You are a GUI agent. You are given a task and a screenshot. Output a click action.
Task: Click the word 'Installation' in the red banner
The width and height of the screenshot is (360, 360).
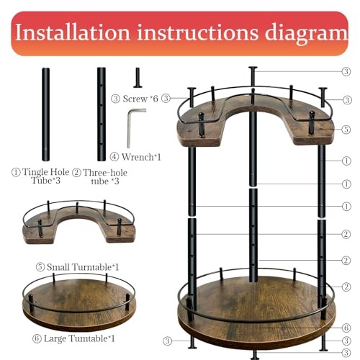pyautogui.click(x=73, y=32)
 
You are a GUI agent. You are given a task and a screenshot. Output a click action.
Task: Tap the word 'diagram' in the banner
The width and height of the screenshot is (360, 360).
pyautogui.click(x=306, y=34)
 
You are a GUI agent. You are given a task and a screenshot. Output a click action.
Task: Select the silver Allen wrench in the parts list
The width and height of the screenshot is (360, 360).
pyautogui.click(x=135, y=128)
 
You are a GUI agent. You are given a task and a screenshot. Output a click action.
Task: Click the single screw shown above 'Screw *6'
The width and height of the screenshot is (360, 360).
pyautogui.click(x=138, y=78)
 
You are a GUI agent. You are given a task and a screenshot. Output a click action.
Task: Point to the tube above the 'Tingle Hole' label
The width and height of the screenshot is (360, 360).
pyautogui.click(x=46, y=114)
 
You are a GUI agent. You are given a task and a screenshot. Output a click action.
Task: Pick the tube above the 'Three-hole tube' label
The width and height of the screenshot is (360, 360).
pyautogui.click(x=102, y=114)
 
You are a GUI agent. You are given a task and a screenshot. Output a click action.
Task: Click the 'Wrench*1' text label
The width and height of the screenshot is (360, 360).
pyautogui.click(x=141, y=157)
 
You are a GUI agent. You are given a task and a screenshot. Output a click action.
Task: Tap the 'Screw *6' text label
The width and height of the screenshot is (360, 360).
pyautogui.click(x=140, y=99)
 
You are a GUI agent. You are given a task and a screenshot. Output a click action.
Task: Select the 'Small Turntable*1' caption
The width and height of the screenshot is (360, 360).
pyautogui.click(x=83, y=267)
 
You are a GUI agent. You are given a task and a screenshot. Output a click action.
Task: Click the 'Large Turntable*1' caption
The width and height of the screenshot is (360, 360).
pyautogui.click(x=79, y=338)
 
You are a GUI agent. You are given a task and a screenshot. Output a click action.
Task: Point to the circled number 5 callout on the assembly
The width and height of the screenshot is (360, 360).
pyautogui.click(x=346, y=130)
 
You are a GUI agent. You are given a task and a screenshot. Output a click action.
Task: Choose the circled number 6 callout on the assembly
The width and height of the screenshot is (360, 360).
pyautogui.click(x=346, y=328)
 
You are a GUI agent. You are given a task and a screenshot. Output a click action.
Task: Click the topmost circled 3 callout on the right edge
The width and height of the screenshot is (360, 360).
pyautogui.click(x=346, y=71)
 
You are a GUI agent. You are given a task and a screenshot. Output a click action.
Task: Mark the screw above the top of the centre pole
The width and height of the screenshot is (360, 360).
pyautogui.click(x=253, y=76)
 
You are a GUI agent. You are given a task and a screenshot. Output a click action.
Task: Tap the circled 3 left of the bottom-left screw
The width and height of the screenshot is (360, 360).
pyautogui.click(x=167, y=341)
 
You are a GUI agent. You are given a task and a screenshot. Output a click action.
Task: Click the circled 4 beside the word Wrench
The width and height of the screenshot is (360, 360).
pyautogui.click(x=114, y=157)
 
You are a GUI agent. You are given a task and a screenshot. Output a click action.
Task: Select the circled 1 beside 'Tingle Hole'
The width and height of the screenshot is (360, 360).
pyautogui.click(x=16, y=172)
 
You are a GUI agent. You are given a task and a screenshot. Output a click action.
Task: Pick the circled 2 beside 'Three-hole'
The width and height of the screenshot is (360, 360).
pyautogui.click(x=76, y=172)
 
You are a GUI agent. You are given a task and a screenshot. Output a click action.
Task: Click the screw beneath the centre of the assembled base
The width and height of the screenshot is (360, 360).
pyautogui.click(x=254, y=355)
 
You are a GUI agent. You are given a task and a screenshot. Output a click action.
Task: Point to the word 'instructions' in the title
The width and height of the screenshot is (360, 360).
pyautogui.click(x=197, y=32)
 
